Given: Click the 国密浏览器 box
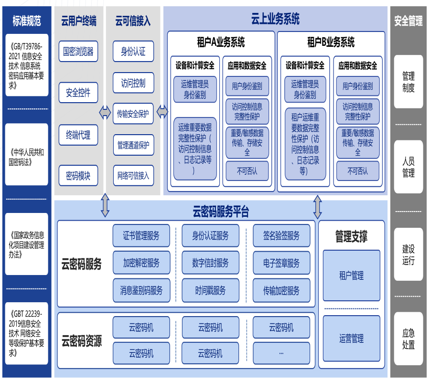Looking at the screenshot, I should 78,51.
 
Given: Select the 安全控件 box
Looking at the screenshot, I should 78,93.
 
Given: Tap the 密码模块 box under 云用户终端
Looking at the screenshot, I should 78,176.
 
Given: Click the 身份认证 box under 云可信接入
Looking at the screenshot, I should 133,51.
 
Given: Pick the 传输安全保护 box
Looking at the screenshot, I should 133,114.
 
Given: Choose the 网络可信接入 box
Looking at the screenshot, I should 133,176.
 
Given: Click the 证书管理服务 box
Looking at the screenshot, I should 141,235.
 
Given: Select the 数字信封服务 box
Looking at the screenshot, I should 210,263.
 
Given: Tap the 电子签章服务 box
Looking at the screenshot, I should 281,263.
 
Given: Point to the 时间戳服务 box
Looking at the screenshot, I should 210,290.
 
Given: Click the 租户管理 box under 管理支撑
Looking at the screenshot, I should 351,276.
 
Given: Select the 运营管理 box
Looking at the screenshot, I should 351,339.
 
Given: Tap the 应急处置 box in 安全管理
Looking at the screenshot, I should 408,339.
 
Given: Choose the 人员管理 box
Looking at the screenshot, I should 408,167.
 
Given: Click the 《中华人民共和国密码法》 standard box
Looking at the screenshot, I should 27,158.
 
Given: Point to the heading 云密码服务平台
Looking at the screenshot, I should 221,211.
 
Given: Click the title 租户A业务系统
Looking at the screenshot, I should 221,42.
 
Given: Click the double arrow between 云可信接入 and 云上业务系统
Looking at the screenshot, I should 162,113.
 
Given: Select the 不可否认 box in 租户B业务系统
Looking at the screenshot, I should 357,170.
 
